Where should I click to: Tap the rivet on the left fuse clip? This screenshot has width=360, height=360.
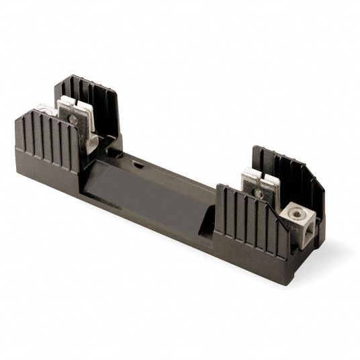click(x=73, y=120)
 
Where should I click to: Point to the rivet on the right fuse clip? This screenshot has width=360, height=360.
click(x=258, y=193)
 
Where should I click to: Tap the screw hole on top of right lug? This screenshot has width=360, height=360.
click(x=296, y=213)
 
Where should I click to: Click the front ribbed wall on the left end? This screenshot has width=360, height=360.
click(x=47, y=141)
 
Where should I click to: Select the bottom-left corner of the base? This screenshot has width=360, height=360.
click(x=17, y=161)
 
